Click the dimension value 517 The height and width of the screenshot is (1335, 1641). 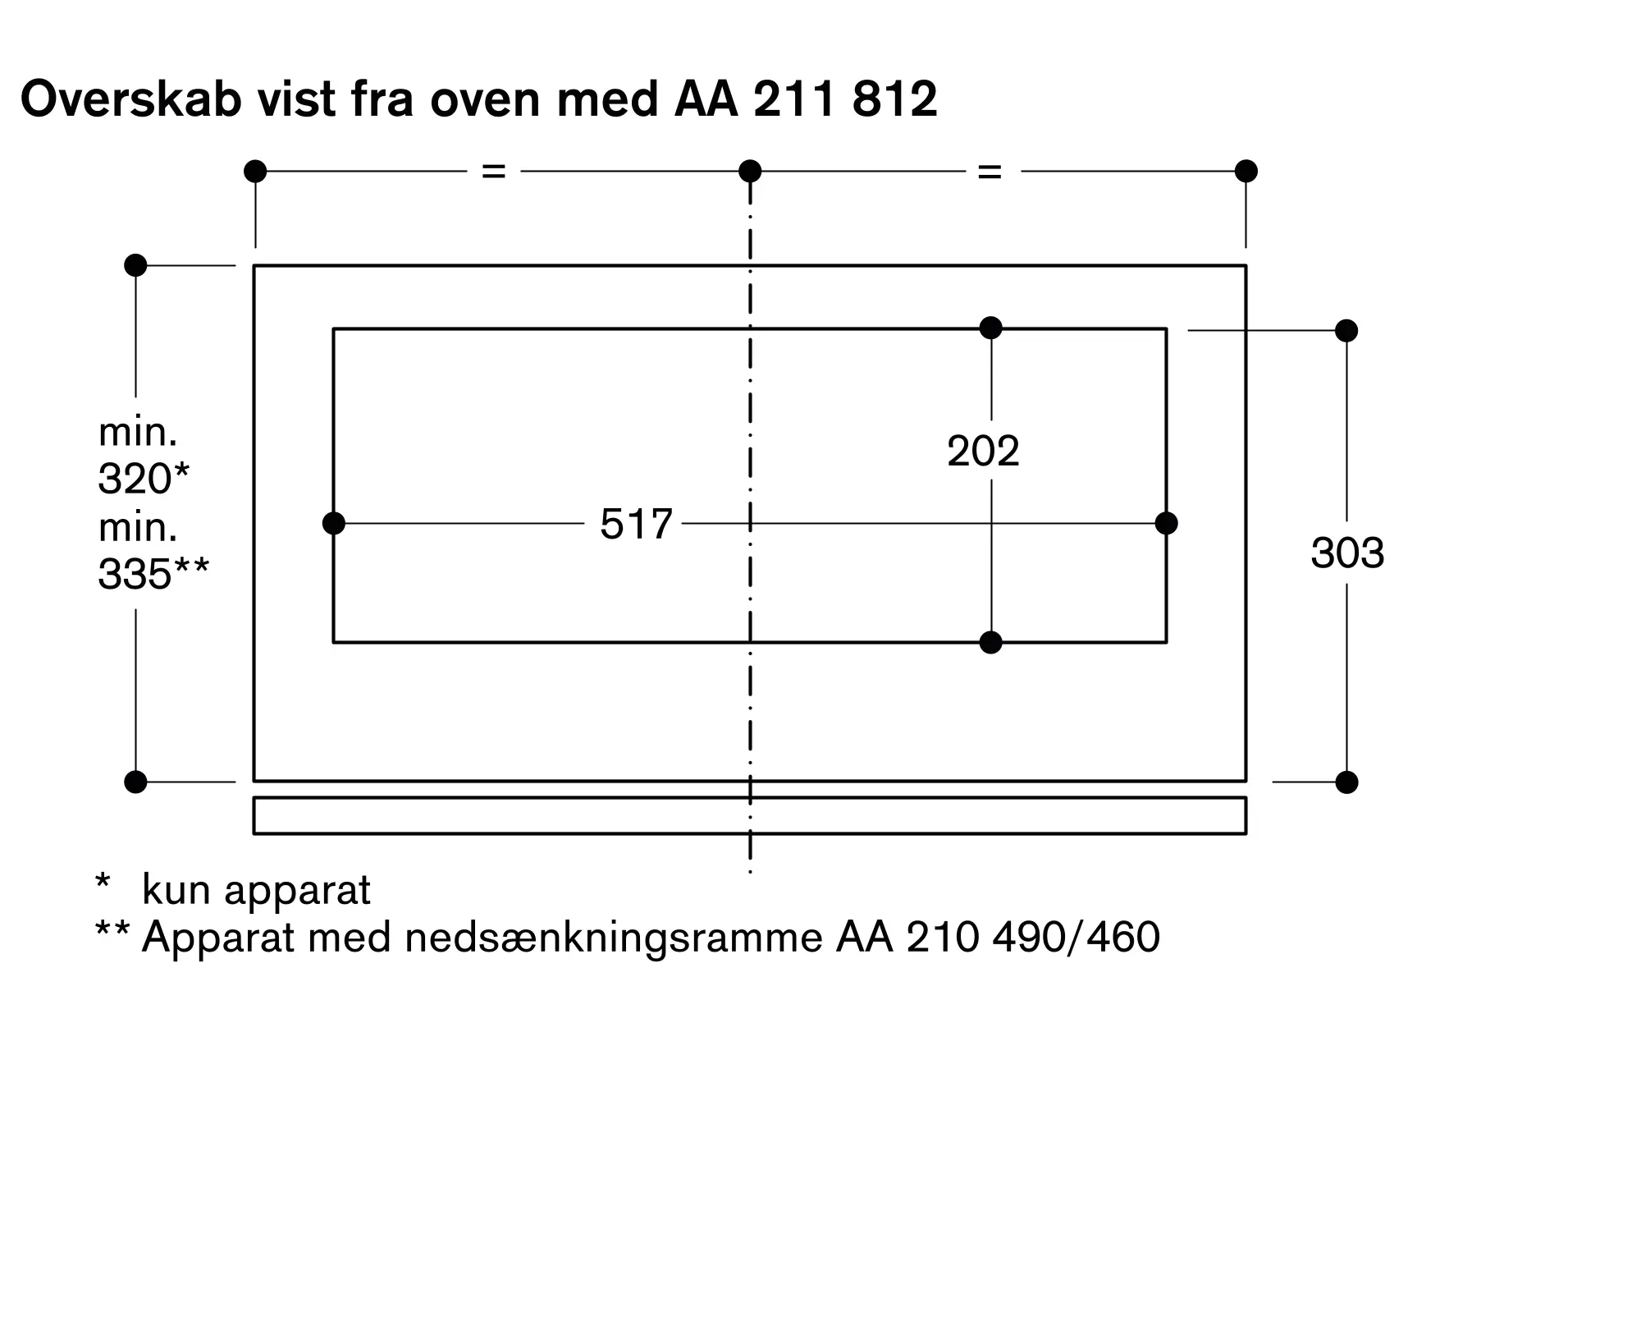[636, 524]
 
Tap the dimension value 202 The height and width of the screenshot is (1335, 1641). [983, 451]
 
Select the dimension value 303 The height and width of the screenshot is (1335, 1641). [1347, 553]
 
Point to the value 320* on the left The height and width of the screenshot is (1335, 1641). [144, 478]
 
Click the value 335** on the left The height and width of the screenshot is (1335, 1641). [153, 574]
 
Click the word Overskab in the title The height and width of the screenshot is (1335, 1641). [131, 100]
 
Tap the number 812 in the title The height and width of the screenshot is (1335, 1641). [894, 100]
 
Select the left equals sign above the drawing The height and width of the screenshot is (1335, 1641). [493, 171]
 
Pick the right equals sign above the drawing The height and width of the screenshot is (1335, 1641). [990, 172]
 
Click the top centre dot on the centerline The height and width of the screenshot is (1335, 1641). [750, 171]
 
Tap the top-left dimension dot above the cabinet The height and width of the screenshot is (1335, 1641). [255, 171]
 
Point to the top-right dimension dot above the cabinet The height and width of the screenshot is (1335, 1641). [1246, 171]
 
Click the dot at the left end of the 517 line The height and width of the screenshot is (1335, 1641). [334, 523]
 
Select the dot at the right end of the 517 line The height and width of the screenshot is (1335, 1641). [1166, 523]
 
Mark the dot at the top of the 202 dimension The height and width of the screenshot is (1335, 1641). [991, 328]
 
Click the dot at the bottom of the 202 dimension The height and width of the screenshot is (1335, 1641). [991, 642]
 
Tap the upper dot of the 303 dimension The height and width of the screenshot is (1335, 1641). [1346, 330]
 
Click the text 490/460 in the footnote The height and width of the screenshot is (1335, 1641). [1076, 937]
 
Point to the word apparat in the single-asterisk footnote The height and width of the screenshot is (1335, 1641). [297, 890]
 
